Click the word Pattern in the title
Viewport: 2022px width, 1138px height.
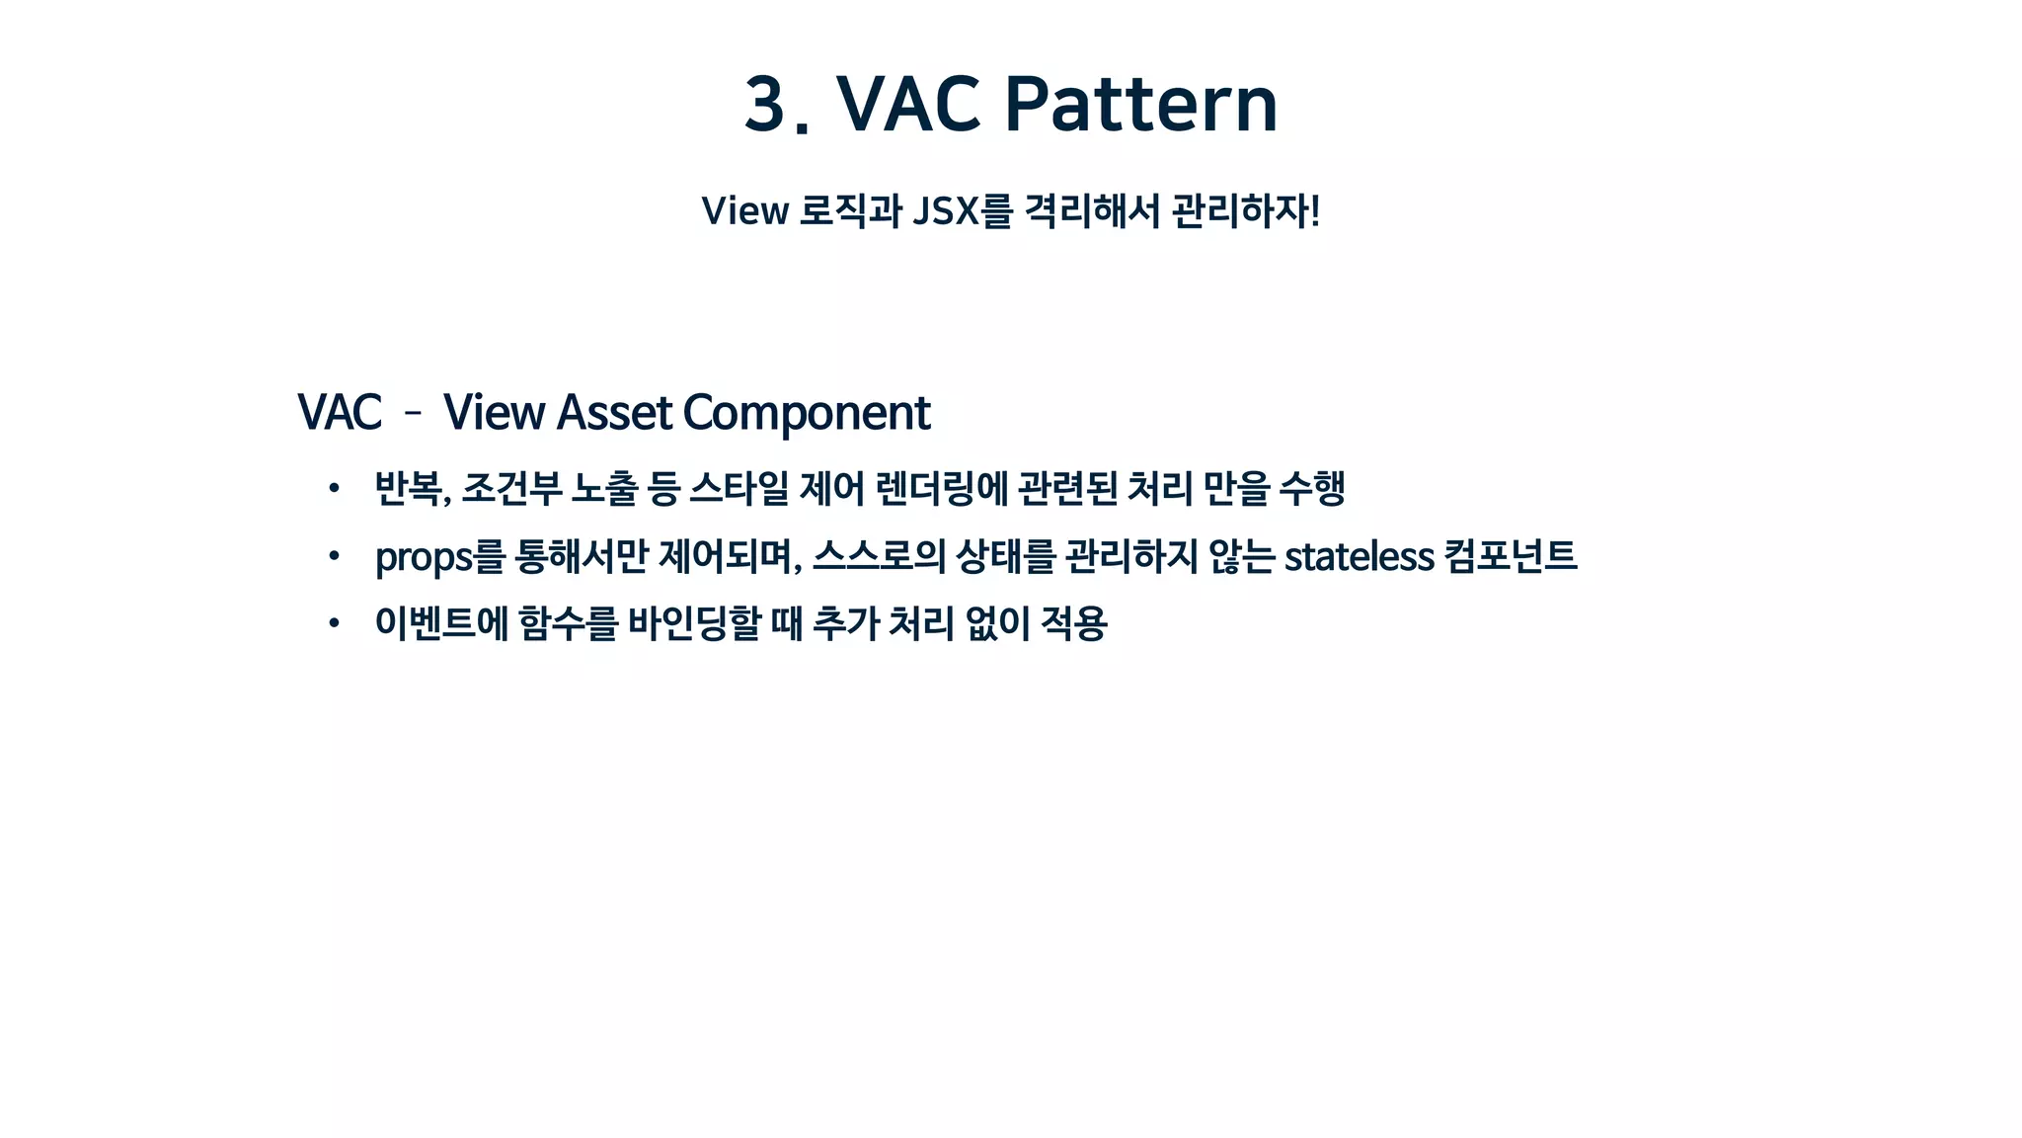pyautogui.click(x=1140, y=104)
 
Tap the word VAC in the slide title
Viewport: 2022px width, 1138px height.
pyautogui.click(x=908, y=104)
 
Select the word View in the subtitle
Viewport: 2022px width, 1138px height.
pyautogui.click(x=744, y=211)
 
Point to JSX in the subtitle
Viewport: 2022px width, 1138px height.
pyautogui.click(x=946, y=211)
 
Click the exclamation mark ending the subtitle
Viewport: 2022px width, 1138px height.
pyautogui.click(x=1314, y=211)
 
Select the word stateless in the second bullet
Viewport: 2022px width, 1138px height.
pyautogui.click(x=1359, y=556)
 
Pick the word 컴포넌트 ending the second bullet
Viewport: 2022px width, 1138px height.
pyautogui.click(x=1510, y=556)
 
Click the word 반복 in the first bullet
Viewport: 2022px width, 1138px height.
pyautogui.click(x=409, y=488)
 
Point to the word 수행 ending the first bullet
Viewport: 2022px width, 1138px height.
pyautogui.click(x=1312, y=488)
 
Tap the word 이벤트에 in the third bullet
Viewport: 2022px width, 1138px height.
pyautogui.click(x=441, y=622)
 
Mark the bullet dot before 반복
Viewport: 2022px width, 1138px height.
pyautogui.click(x=335, y=488)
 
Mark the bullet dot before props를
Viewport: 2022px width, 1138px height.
pyautogui.click(x=335, y=556)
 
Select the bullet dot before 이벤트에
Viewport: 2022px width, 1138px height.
pyautogui.click(x=335, y=622)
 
